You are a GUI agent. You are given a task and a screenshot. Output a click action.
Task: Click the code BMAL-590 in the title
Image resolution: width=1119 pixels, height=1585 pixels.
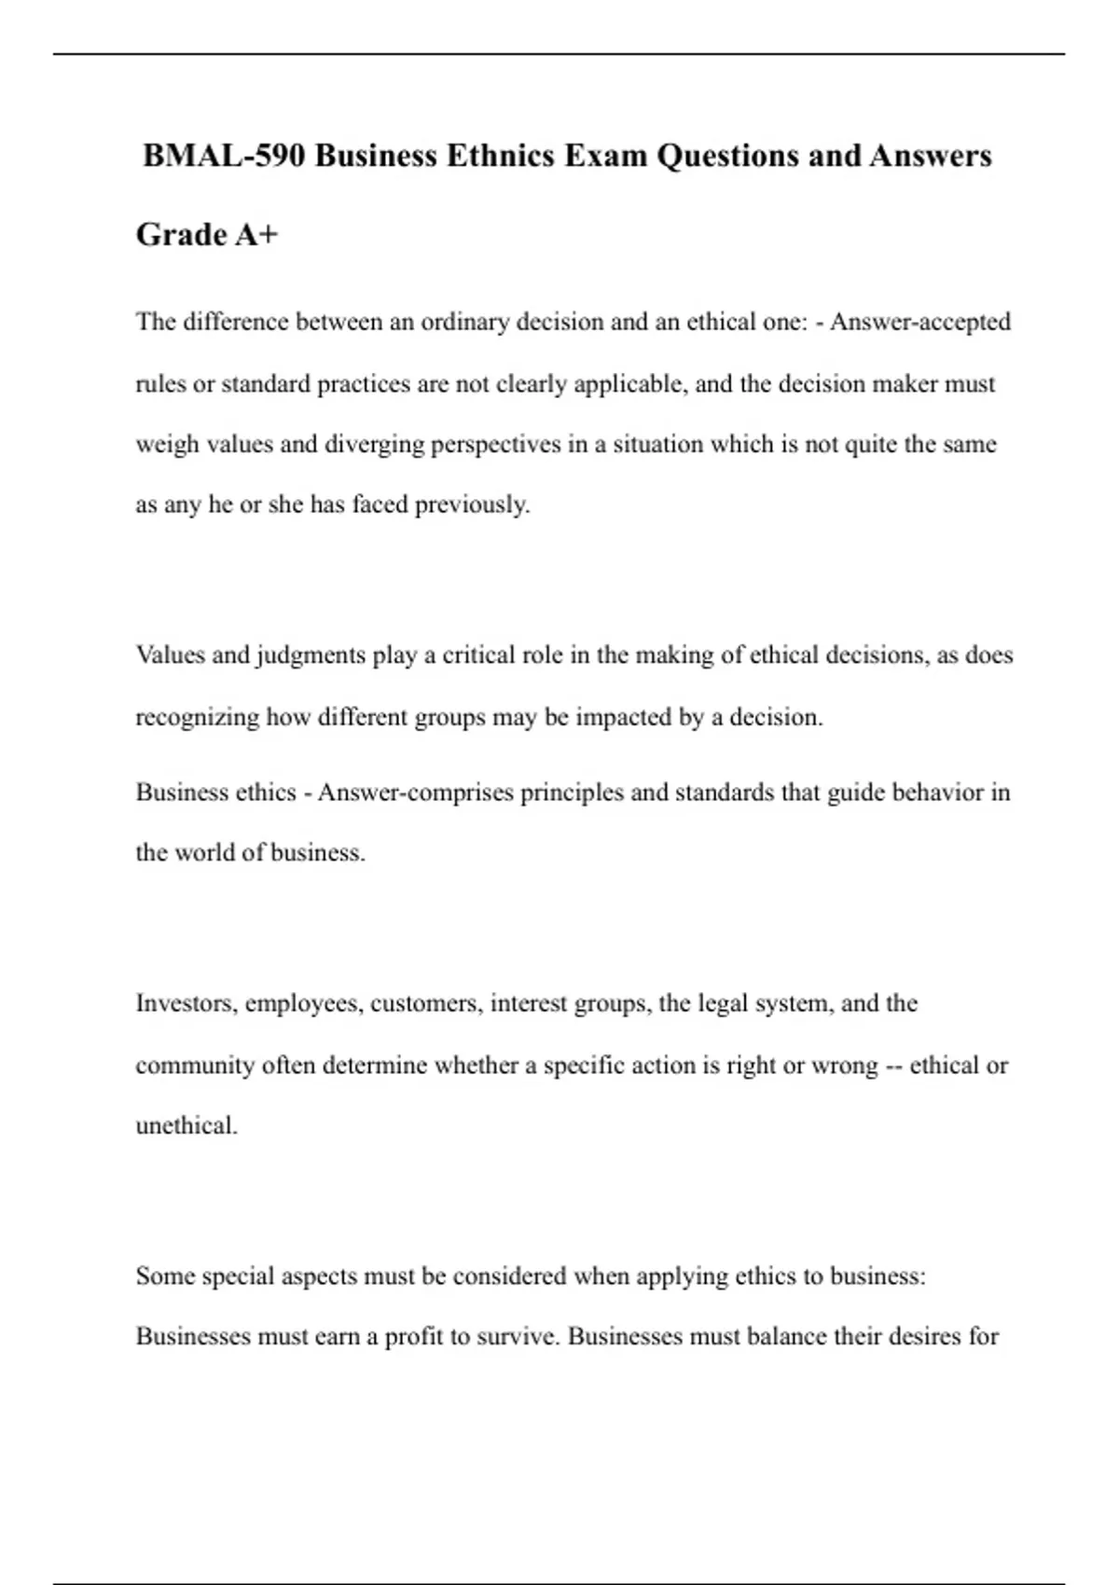tap(224, 156)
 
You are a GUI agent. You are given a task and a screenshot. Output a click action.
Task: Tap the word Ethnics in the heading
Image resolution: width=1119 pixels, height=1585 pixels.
tap(499, 156)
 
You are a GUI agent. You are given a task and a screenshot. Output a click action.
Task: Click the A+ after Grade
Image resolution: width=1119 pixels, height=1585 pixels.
tap(256, 235)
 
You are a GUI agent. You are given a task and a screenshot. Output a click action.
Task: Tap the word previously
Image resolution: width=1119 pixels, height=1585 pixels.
tap(472, 505)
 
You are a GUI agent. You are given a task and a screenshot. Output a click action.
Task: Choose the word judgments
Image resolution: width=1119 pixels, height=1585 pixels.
tap(310, 656)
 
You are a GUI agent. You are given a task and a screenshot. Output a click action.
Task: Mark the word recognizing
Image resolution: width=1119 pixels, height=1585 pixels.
tap(197, 718)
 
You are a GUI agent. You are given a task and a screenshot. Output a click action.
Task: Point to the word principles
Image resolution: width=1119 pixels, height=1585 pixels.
tap(572, 793)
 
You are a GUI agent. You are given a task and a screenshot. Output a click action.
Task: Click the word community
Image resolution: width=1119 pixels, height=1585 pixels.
tap(195, 1066)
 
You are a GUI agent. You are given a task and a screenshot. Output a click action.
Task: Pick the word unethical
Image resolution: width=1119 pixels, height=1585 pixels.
tap(186, 1126)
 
